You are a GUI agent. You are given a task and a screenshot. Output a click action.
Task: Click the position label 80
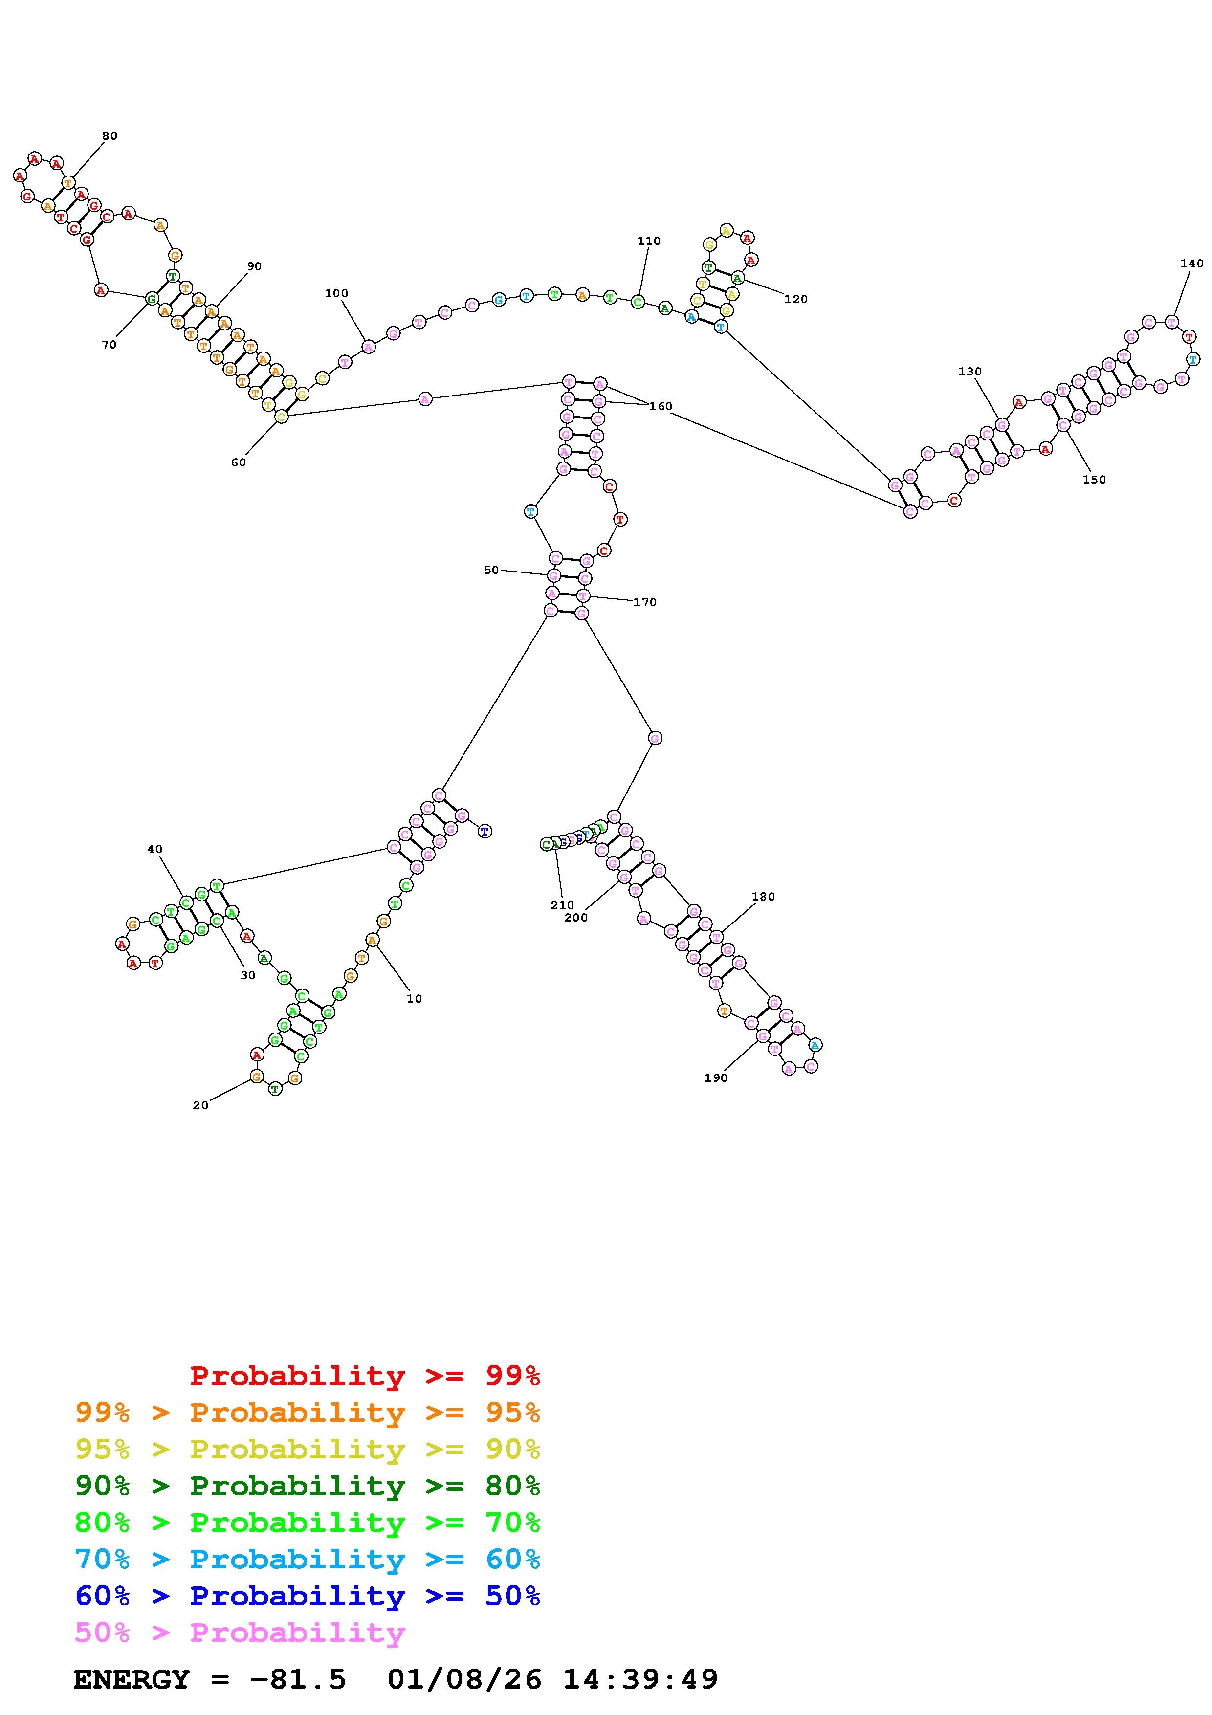coord(110,136)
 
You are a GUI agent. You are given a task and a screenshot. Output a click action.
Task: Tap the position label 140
coord(1192,263)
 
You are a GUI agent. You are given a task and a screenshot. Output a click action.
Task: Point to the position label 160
coord(661,406)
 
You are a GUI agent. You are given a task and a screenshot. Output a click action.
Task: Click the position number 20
coord(200,1105)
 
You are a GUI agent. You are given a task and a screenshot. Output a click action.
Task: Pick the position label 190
coord(715,1078)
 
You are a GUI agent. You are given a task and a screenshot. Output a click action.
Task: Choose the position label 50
coord(491,570)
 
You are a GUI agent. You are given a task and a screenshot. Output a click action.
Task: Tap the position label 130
coord(970,371)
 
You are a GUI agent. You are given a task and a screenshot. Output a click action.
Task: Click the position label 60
coord(238,462)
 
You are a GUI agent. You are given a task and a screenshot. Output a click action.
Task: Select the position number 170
coord(645,602)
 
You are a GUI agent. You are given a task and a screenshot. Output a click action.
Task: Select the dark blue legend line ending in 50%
coord(308,1596)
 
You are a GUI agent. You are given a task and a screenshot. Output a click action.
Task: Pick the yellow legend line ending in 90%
coord(308,1449)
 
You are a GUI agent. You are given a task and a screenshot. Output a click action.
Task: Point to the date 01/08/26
coord(464,1679)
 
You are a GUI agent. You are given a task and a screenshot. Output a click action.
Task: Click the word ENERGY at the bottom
coord(132,1679)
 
